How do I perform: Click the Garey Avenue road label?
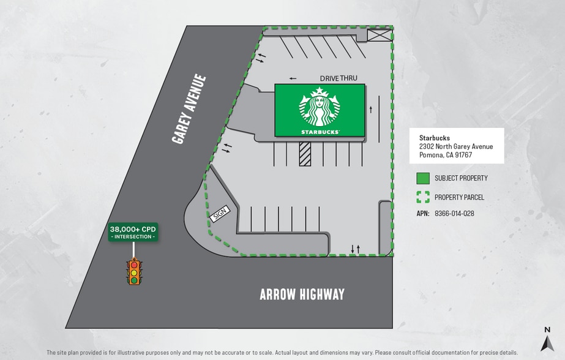coord(189,109)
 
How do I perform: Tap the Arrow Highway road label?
coord(302,294)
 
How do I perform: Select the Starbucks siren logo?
coord(319,107)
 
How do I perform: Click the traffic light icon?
coord(134,272)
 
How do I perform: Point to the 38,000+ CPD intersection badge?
coord(133,231)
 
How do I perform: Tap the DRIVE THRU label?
coord(339,78)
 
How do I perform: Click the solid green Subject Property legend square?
coord(422,178)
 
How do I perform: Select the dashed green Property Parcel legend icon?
coord(422,197)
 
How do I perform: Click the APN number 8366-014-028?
coord(454,214)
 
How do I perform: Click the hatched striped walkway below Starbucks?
coord(305,154)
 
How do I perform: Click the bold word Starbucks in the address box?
coord(435,138)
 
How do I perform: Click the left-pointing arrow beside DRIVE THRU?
coord(293,78)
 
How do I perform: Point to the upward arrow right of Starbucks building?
coord(371,109)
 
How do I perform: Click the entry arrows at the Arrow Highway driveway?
coord(355,249)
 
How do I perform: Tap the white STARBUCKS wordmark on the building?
coord(320,132)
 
